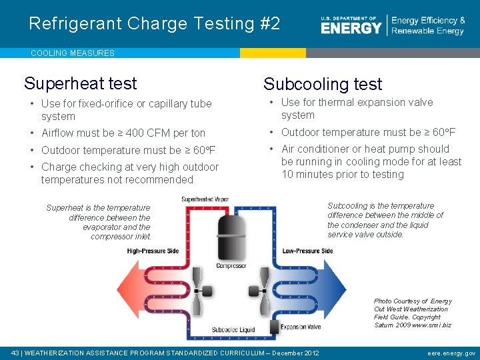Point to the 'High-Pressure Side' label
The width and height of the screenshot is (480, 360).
(x=153, y=251)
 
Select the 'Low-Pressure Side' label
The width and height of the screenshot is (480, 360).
(x=307, y=251)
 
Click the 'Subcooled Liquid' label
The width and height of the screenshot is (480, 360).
(x=233, y=330)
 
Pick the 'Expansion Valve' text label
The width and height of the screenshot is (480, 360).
(x=301, y=327)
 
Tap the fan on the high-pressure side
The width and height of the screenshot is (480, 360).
(x=198, y=291)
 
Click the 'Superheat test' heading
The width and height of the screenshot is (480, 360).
(x=80, y=83)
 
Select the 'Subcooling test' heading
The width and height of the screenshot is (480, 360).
(x=323, y=84)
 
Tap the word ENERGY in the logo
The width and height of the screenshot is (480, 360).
(x=351, y=27)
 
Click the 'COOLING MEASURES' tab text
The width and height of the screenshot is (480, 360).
(x=73, y=53)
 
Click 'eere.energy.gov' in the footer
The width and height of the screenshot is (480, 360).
(x=451, y=353)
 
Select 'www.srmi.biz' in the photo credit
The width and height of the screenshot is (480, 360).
(x=431, y=325)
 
